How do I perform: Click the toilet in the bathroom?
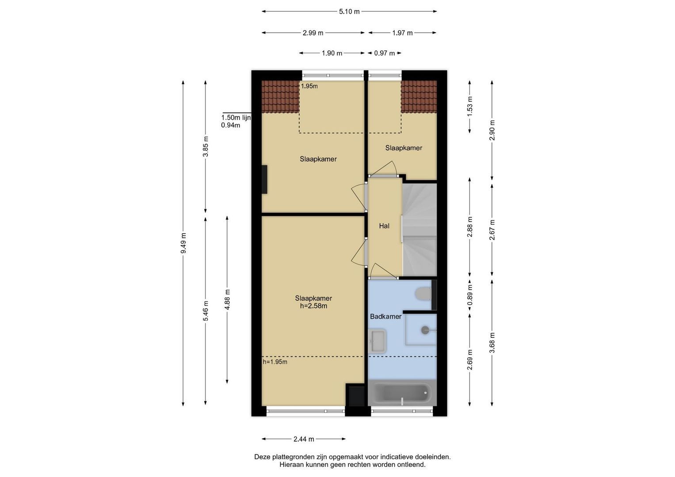tap(423, 294)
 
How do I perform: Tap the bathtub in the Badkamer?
tap(402, 392)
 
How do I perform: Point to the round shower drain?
tap(425, 330)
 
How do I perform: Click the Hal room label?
tap(384, 226)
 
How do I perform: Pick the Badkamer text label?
tap(386, 317)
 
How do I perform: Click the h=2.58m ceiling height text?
tap(313, 306)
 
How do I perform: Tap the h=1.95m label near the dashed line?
tap(275, 362)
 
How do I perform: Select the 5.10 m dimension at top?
tap(349, 11)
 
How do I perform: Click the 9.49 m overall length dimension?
tap(183, 243)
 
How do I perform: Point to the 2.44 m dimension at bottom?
tap(304, 439)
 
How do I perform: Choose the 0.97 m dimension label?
tap(384, 53)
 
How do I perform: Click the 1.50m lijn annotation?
tap(236, 117)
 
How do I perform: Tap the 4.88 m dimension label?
tap(227, 299)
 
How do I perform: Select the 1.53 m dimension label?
tap(469, 106)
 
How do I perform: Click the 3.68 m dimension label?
tap(492, 343)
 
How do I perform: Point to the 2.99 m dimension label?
tap(313, 33)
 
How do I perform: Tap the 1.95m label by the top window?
tap(309, 86)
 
